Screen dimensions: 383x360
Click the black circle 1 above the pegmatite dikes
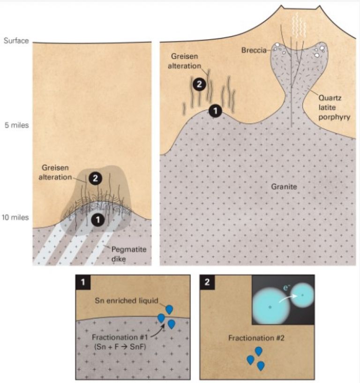97,218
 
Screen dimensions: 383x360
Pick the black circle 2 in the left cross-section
95,179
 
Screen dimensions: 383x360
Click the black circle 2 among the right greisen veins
199,85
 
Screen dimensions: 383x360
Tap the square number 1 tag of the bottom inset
83,282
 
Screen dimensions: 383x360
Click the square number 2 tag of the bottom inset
207,282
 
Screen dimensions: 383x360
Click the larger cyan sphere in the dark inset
270,307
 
